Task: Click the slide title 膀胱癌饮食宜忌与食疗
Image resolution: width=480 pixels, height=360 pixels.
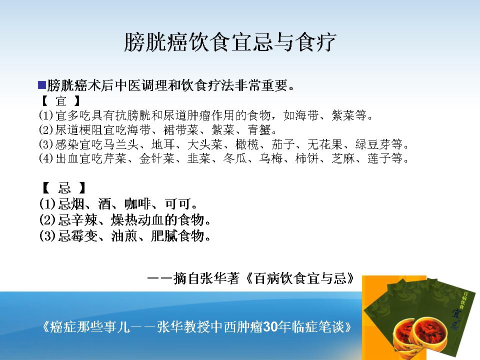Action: point(230,41)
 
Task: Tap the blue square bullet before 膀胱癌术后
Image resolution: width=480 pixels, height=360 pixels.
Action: point(42,85)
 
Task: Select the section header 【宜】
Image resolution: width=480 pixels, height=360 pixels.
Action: point(61,100)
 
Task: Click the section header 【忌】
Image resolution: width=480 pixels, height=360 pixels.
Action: point(64,187)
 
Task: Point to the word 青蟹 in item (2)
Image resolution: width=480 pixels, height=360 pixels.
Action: point(259,130)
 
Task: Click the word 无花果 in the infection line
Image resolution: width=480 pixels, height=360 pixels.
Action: point(325,144)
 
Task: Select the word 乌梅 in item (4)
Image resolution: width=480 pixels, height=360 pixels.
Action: point(271,158)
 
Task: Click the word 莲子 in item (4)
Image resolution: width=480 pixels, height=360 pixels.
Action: point(379,158)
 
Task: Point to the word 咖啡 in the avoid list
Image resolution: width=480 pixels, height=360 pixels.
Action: point(137,203)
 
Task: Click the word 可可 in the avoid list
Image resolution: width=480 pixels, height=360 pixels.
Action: point(177,203)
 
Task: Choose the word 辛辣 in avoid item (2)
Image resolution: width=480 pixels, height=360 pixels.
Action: point(84,220)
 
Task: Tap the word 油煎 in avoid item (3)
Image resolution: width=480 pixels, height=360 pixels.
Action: point(124,236)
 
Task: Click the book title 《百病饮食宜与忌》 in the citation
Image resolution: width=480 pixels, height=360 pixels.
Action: point(300,278)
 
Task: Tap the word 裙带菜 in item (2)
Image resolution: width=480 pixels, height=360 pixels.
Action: point(181,130)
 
